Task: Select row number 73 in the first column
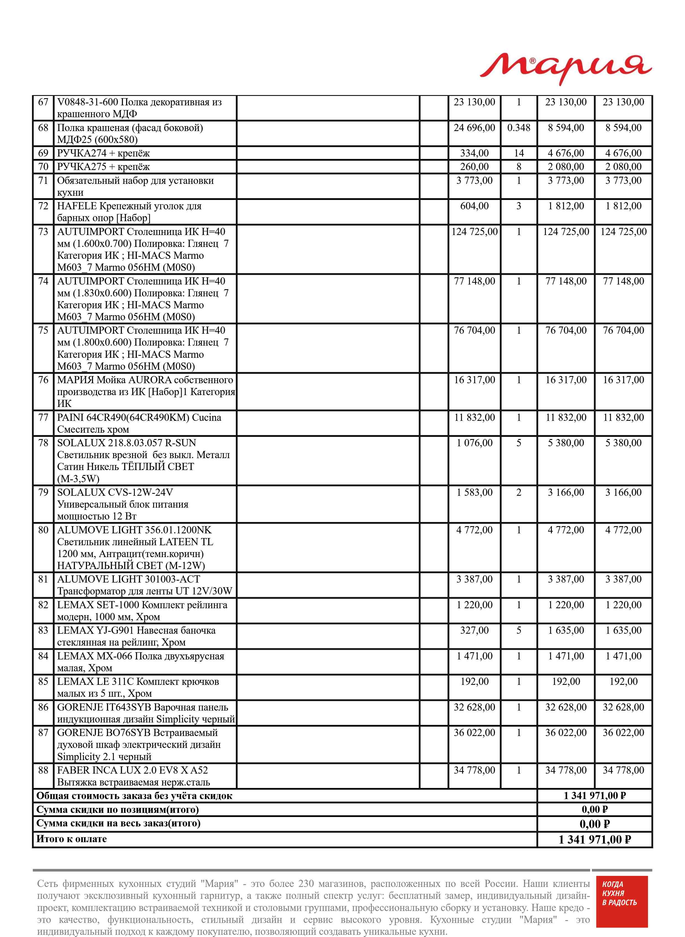43,231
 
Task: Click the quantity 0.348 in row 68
519,128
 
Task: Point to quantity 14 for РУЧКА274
519,153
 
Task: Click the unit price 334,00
474,153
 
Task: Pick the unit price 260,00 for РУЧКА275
474,167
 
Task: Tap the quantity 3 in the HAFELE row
519,206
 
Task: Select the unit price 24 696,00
474,128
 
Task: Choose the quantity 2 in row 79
519,493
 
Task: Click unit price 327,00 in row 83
474,630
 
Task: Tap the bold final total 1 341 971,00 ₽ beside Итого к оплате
595,839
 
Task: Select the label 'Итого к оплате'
72,839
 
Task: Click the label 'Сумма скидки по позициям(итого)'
118,810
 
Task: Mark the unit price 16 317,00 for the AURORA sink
474,380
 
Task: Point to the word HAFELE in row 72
77,206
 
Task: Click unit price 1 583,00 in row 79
474,493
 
